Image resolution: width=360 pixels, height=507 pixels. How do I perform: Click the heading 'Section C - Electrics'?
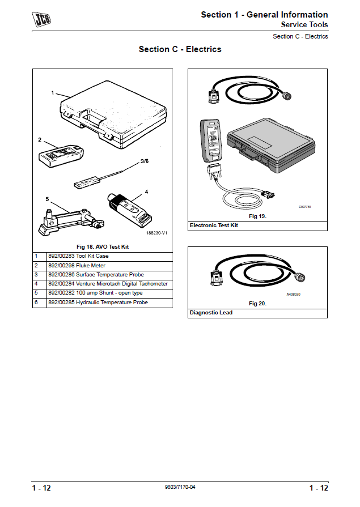point(180,49)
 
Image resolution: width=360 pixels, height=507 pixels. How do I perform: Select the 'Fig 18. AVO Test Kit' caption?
point(102,247)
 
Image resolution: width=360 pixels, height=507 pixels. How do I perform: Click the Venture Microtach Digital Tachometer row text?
point(108,284)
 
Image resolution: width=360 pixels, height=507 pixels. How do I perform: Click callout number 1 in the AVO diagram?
point(53,92)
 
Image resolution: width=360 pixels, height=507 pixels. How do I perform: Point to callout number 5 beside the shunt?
point(48,199)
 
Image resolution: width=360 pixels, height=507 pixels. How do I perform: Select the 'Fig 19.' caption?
point(257,216)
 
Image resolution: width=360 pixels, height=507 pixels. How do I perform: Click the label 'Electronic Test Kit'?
point(214,225)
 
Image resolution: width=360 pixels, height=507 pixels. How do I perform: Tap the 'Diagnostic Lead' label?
point(210,313)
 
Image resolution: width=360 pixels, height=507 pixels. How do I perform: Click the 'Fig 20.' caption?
point(257,304)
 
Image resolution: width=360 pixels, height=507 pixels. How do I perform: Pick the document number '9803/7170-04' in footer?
point(180,487)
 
